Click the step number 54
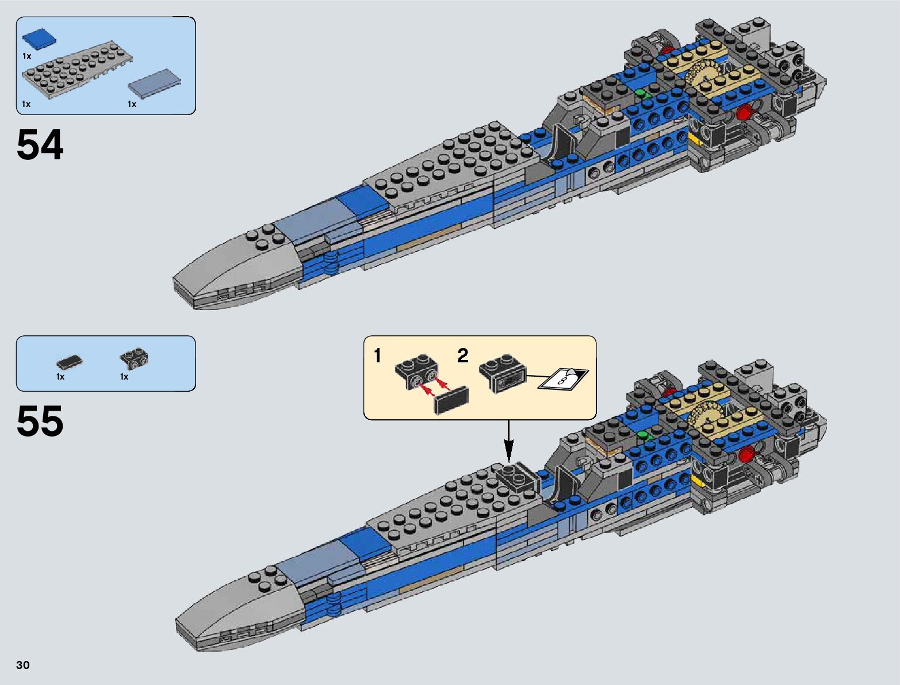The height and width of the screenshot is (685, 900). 40,145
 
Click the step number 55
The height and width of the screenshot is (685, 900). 40,422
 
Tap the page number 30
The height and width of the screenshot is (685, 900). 22,665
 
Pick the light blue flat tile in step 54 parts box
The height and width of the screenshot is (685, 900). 155,83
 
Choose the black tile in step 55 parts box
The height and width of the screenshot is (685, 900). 70,362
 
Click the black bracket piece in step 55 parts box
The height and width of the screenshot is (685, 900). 135,358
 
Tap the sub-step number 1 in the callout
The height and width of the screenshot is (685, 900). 377,356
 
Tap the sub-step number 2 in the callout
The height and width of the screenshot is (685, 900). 462,356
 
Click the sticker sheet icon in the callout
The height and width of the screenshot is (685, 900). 563,379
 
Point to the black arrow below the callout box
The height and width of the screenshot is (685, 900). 508,443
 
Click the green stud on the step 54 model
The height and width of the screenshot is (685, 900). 641,93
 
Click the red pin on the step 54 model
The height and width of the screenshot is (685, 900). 744,112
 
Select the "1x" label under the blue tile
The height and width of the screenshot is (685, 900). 26,56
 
